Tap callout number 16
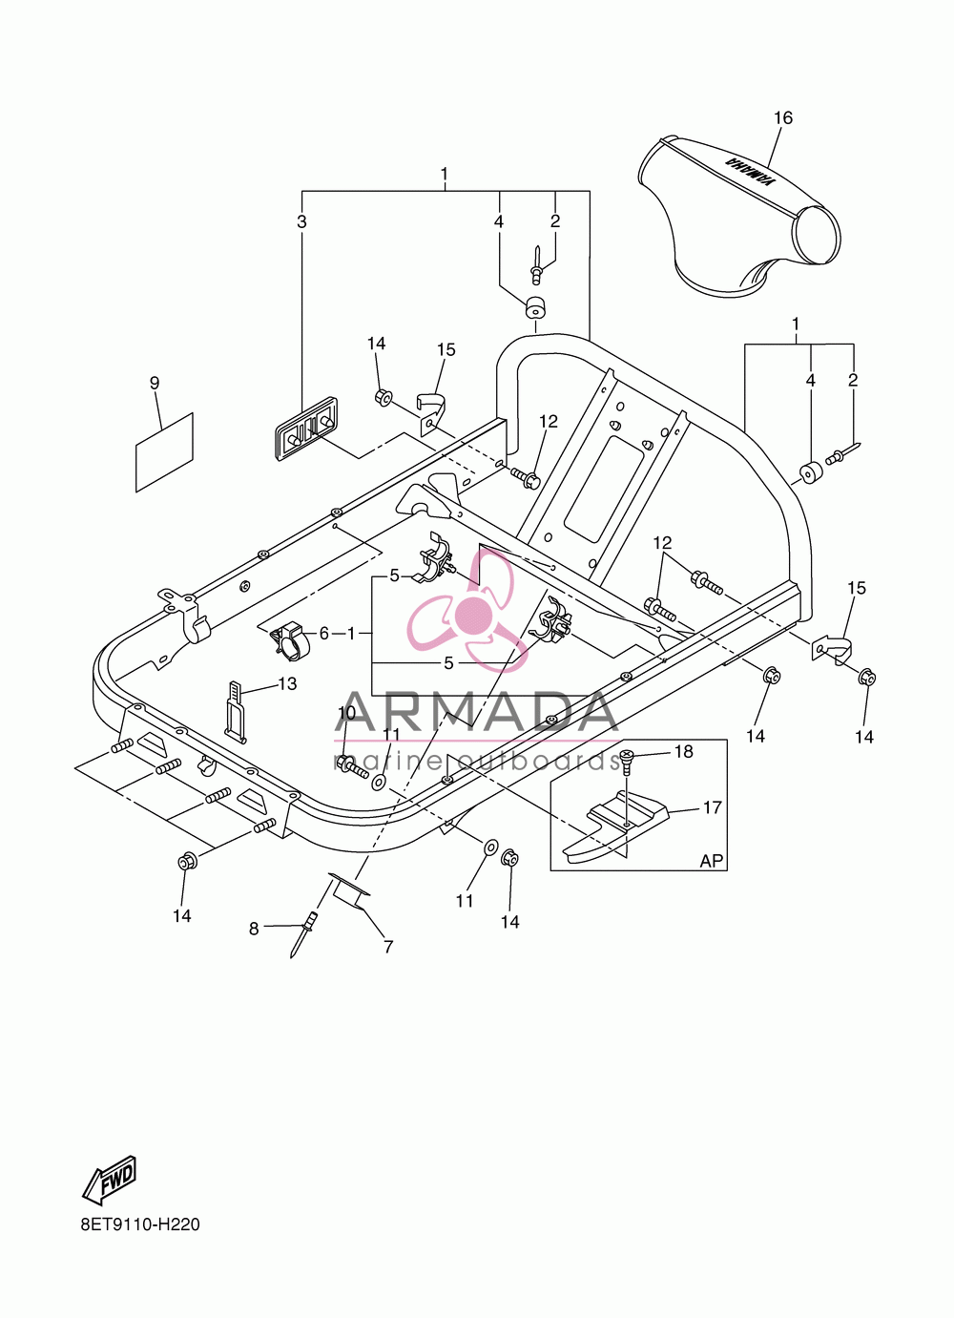click(x=783, y=117)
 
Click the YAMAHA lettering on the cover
click(x=749, y=173)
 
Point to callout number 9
click(x=155, y=383)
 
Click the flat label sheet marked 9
click(x=165, y=451)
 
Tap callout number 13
click(x=287, y=683)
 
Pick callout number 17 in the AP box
click(x=713, y=807)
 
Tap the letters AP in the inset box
click(x=711, y=861)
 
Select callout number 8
click(x=254, y=929)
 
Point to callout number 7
click(x=388, y=947)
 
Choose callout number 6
click(x=324, y=634)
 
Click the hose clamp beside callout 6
click(x=288, y=640)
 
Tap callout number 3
click(x=301, y=221)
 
